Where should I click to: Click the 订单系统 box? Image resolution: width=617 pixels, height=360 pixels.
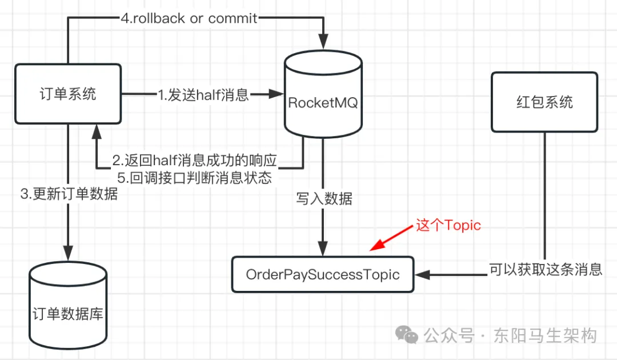68,94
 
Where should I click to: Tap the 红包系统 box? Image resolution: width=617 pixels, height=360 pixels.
544,103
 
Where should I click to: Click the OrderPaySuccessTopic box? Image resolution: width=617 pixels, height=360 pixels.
323,275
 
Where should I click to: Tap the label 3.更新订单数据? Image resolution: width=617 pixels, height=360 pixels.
69,194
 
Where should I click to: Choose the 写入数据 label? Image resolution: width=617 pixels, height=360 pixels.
324,199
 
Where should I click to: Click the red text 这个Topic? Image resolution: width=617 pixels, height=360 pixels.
448,225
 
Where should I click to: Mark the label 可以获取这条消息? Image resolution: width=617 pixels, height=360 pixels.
546,269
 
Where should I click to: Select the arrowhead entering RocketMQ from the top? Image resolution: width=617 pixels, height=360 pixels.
323,41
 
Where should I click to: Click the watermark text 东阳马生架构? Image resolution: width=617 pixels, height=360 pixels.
545,335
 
